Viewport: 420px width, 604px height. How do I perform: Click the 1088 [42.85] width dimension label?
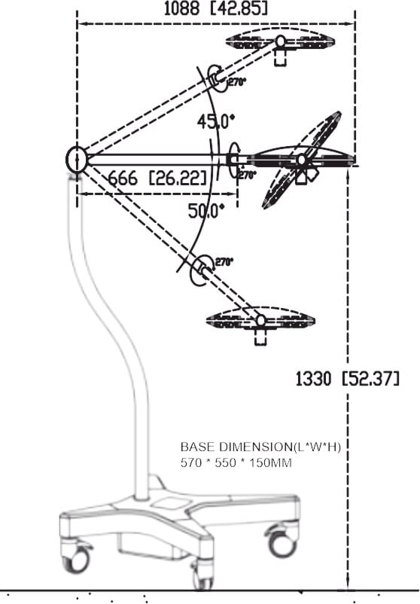tap(215, 8)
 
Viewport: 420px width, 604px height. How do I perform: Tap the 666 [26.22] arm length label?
tap(157, 178)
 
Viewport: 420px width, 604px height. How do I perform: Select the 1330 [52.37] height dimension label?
tap(347, 379)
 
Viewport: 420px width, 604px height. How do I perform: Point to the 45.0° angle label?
tap(215, 122)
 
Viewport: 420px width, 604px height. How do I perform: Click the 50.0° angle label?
tap(206, 211)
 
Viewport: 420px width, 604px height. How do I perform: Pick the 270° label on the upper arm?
tap(237, 81)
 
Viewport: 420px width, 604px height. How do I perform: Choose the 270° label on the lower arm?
tap(224, 262)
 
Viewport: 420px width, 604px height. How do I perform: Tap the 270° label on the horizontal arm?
tap(247, 175)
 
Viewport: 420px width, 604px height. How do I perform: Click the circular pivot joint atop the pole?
tap(77, 159)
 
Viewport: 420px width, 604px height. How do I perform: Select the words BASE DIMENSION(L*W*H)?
tap(260, 447)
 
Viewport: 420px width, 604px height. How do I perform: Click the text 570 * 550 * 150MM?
tap(236, 462)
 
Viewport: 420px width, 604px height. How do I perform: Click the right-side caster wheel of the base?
tap(282, 542)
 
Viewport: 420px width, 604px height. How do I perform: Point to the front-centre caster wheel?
tap(202, 576)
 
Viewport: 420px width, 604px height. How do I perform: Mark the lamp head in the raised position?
tap(280, 41)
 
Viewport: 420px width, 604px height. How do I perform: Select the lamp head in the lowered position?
tap(260, 321)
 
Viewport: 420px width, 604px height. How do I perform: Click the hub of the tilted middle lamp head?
tap(301, 160)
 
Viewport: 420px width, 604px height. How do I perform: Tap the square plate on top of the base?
tap(168, 502)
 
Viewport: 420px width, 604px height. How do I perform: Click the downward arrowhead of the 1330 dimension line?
tap(348, 585)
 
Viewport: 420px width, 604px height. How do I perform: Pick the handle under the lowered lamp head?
tap(260, 337)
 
